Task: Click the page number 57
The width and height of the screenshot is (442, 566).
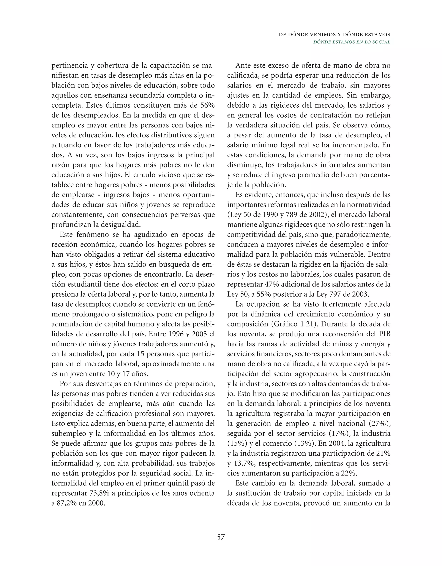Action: (221, 537)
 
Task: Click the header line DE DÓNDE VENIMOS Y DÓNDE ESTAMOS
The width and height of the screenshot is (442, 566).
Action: (334, 35)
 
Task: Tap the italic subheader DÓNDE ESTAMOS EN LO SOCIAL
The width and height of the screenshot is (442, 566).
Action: (351, 42)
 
